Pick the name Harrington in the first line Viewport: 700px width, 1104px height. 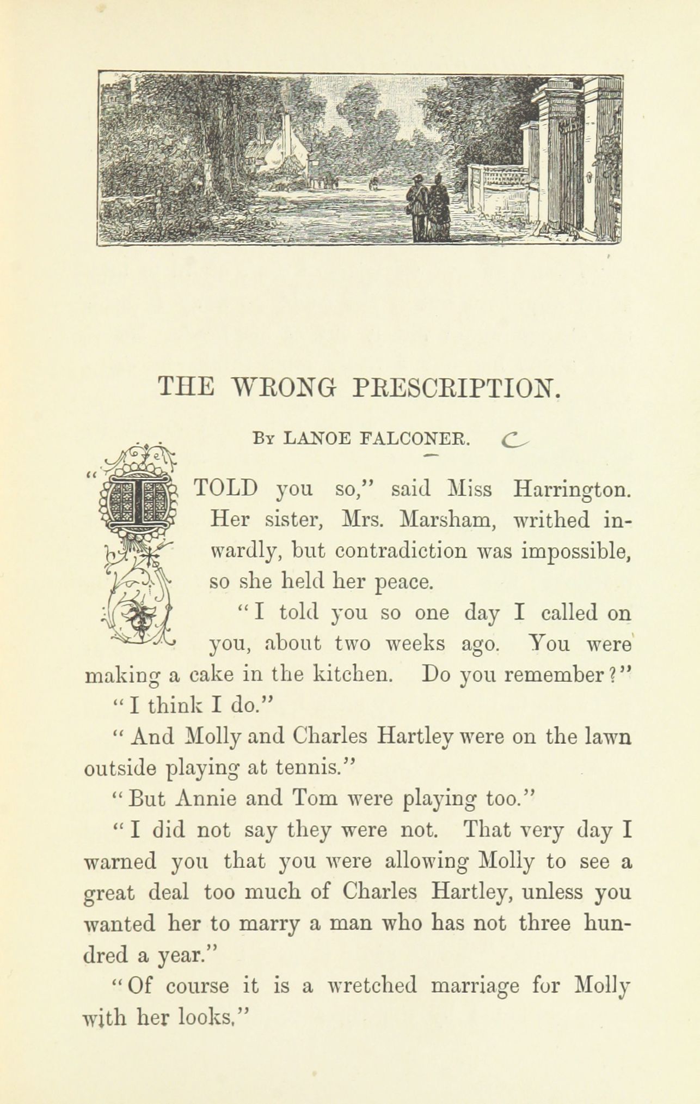pos(572,489)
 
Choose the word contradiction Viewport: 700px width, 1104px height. pos(401,551)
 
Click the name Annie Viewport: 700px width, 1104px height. pos(205,798)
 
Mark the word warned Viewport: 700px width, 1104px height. pos(120,862)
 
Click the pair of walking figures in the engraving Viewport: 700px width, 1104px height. pos(429,207)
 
